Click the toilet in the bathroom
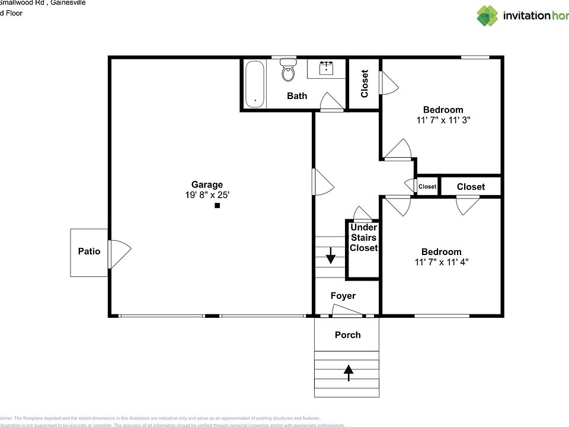[288, 71]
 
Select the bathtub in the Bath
[255, 84]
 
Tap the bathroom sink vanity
[327, 69]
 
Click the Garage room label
[207, 184]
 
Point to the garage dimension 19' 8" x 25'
[207, 195]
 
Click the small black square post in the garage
[218, 206]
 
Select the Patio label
[89, 251]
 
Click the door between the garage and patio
[119, 253]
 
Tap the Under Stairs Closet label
[363, 238]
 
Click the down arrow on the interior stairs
[330, 258]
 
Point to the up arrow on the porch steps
[349, 372]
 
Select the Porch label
[347, 335]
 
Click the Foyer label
[343, 296]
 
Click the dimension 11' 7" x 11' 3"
[443, 120]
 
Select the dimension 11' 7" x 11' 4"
[441, 262]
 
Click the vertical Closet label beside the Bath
[365, 84]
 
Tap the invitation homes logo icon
[488, 16]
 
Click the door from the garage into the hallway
[323, 181]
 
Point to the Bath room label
[297, 95]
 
